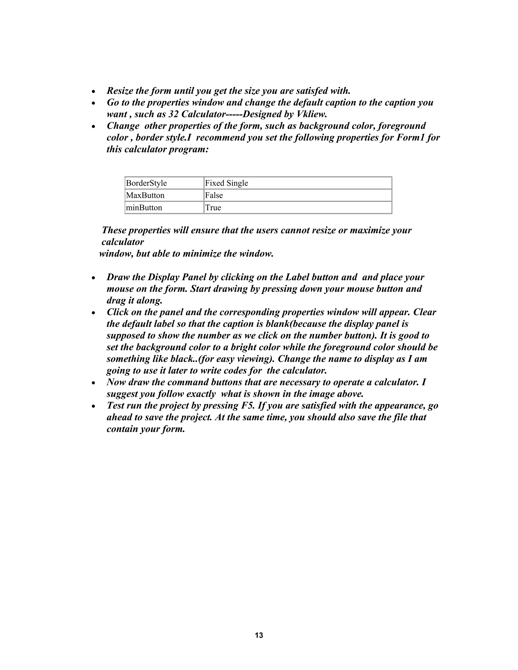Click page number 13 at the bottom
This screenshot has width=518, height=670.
(x=259, y=635)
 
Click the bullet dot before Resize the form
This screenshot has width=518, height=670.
(x=94, y=92)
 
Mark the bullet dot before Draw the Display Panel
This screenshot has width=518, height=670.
(x=94, y=278)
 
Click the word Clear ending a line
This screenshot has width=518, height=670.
(x=424, y=312)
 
